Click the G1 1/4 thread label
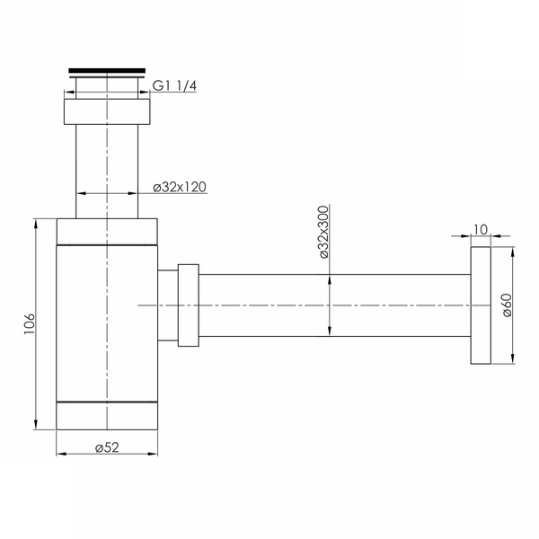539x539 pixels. point(174,85)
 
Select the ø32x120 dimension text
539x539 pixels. point(180,187)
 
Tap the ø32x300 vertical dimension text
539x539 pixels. point(323,232)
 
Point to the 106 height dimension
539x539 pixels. point(30,323)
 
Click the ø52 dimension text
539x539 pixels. point(107,447)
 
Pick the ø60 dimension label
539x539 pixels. point(507,305)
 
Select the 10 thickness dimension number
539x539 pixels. point(481,229)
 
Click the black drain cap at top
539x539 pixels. point(107,71)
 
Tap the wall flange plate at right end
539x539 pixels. point(481,305)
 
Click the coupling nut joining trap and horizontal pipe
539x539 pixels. point(189,305)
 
